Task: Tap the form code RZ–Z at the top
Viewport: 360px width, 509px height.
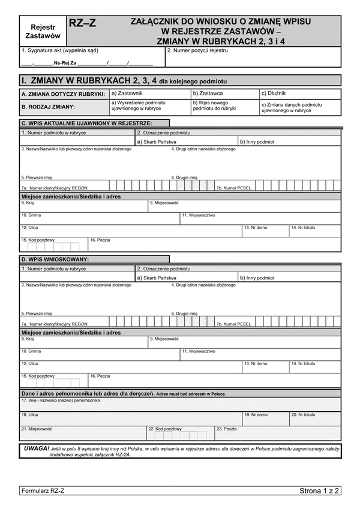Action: [x=82, y=23]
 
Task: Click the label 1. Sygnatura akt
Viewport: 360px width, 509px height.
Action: [x=59, y=51]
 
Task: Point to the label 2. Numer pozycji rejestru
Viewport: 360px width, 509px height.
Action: [x=197, y=51]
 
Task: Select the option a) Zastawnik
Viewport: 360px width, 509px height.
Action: [x=127, y=94]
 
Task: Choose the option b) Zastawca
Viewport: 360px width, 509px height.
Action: [x=208, y=94]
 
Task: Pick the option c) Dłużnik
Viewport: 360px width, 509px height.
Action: [x=274, y=94]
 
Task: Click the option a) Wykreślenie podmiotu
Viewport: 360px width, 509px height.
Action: [x=139, y=106]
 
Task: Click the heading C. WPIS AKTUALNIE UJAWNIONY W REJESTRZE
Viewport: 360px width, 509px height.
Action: [x=86, y=123]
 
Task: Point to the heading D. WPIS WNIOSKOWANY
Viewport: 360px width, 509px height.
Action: [x=55, y=259]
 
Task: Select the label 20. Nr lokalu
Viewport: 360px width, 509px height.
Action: [x=303, y=414]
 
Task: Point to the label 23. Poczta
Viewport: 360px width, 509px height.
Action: [x=227, y=429]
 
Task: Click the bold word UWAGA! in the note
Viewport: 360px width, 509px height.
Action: [x=37, y=448]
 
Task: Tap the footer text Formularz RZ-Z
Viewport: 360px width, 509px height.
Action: [x=43, y=491]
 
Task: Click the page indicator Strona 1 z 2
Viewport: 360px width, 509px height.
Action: [x=319, y=491]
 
